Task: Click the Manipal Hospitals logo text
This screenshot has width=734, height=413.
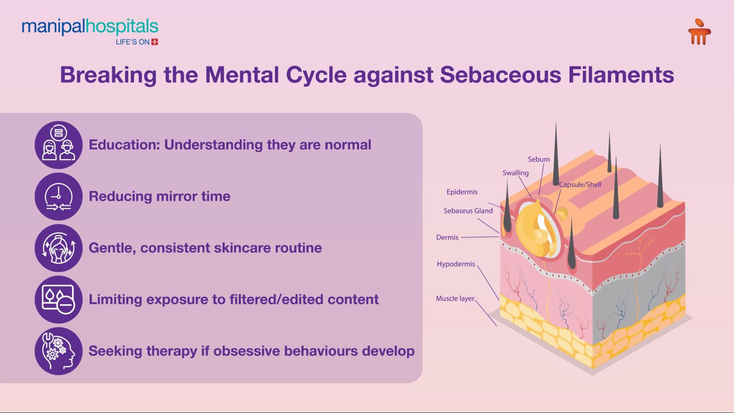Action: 90,27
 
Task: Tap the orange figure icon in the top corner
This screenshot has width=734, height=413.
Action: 699,33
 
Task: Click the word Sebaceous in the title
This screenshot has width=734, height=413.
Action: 500,75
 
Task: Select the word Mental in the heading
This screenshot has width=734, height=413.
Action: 242,75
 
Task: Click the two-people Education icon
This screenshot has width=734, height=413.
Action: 59,145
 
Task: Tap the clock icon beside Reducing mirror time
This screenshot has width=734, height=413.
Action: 59,197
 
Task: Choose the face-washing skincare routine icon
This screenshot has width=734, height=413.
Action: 59,248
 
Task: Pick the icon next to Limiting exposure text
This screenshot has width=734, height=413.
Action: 59,300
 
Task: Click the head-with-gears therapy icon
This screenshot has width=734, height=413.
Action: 59,351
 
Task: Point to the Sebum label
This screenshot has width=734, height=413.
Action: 539,159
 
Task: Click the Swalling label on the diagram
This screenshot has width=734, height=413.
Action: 516,173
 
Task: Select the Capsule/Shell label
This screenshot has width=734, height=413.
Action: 580,185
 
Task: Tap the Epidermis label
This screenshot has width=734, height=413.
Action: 462,192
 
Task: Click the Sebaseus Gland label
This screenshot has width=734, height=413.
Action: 468,211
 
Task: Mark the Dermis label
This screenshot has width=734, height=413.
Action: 447,238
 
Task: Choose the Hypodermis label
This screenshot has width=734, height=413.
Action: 456,264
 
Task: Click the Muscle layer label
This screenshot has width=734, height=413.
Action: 455,298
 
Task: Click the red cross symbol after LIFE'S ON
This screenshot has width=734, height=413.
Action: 155,42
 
